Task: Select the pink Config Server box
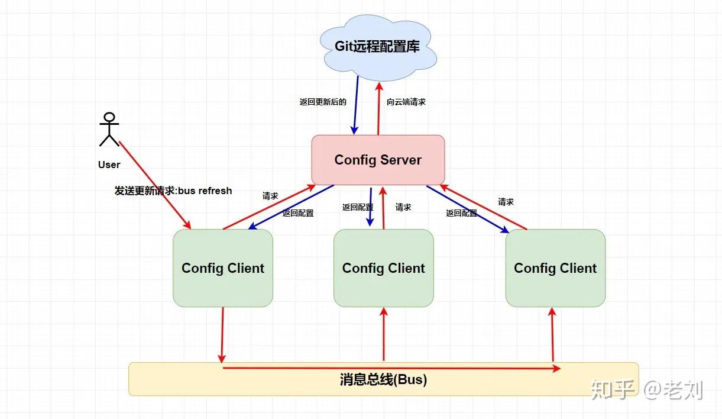[x=378, y=160]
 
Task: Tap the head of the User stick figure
[x=109, y=117]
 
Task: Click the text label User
[x=109, y=165]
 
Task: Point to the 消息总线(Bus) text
[x=383, y=380]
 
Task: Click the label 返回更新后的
[x=322, y=102]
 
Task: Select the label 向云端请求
[x=406, y=102]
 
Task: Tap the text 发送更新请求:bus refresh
[x=173, y=191]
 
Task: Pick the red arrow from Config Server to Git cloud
[x=378, y=107]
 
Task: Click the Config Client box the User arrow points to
[x=223, y=268]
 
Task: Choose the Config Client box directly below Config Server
[x=383, y=268]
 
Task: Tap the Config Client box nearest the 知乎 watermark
[x=555, y=268]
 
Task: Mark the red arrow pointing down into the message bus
[x=222, y=334]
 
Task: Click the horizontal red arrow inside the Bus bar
[x=390, y=368]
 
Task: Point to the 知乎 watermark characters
[x=613, y=390]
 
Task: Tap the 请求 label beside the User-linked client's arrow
[x=270, y=196]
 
